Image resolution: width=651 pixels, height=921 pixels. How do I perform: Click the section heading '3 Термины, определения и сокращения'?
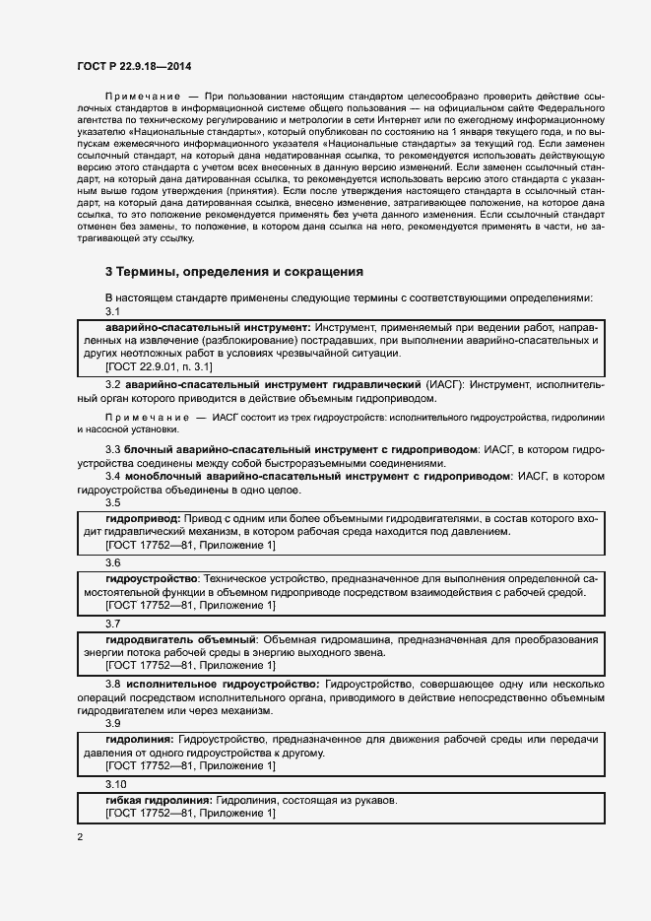coord(234,270)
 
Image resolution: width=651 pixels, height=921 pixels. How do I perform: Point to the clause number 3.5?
coord(112,503)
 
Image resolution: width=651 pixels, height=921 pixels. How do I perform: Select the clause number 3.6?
coord(112,562)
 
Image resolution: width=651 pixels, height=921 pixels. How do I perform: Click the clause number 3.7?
coord(112,623)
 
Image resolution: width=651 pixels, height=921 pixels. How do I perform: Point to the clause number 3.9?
coord(112,724)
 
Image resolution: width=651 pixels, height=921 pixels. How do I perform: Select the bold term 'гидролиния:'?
coord(139,739)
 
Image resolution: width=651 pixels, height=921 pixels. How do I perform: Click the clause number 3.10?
coord(115,784)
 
